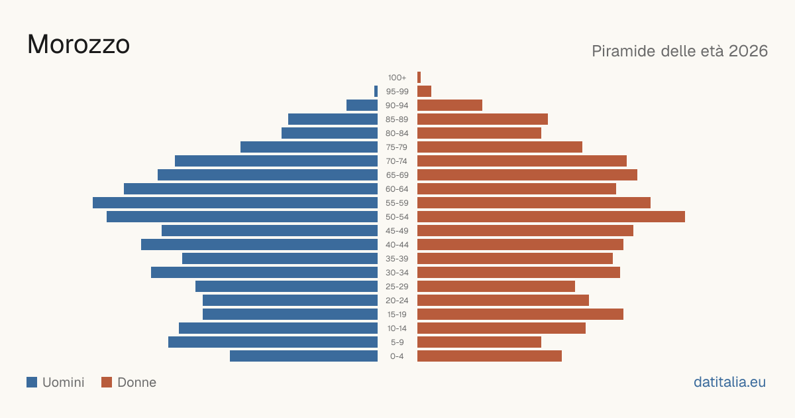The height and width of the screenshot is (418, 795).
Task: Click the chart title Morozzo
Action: pos(78,44)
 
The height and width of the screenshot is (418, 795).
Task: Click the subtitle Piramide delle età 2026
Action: pos(680,51)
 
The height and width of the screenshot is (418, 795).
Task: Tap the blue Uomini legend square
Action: pos(32,382)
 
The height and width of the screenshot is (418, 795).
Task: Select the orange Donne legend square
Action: pos(107,382)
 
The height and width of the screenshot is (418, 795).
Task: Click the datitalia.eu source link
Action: pos(729,382)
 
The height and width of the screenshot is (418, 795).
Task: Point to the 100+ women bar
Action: pos(419,77)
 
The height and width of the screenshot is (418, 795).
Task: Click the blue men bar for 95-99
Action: pos(376,92)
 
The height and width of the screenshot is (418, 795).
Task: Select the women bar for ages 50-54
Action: pos(551,216)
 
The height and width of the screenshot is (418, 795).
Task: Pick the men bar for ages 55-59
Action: pos(235,202)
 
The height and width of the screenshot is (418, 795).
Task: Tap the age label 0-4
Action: pos(397,356)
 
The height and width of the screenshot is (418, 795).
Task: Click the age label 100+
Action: pos(397,78)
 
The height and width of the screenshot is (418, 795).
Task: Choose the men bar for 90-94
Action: pos(362,105)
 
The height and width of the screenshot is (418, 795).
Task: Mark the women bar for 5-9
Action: pos(479,342)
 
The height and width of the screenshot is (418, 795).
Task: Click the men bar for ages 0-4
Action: pos(304,356)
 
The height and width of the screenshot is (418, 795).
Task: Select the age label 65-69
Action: pos(397,175)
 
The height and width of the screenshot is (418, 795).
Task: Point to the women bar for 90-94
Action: pos(450,105)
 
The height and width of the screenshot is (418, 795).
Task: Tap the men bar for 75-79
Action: pos(309,147)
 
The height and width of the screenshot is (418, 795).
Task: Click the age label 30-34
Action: pos(397,273)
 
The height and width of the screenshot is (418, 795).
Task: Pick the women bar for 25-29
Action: pos(496,286)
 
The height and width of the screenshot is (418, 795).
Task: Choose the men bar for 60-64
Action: pos(250,188)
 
